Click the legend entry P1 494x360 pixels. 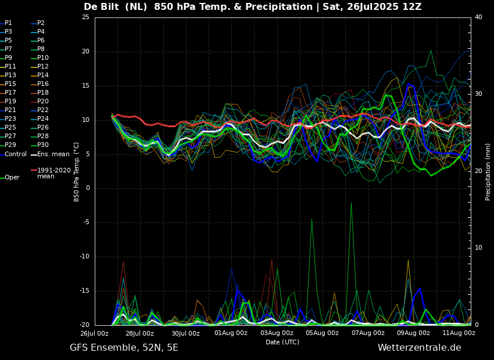pyautogui.click(x=8, y=23)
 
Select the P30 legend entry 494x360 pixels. pyautogui.click(x=43, y=145)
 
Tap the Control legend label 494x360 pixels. pyautogui.click(x=16, y=154)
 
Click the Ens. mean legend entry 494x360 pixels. pyautogui.click(x=53, y=154)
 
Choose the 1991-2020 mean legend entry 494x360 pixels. pyautogui.click(x=54, y=173)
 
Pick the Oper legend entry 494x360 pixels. pyautogui.click(x=12, y=178)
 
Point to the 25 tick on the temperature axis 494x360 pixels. pyautogui.click(x=85, y=17)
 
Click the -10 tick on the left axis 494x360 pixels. pyautogui.click(x=84, y=257)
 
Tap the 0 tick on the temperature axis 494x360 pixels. pyautogui.click(x=87, y=188)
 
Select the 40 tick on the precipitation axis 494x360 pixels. pyautogui.click(x=478, y=17)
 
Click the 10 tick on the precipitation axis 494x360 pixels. pyautogui.click(x=478, y=248)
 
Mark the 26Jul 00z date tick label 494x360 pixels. pyautogui.click(x=95, y=333)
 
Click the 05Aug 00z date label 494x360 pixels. pyautogui.click(x=322, y=333)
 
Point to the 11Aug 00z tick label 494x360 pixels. pyautogui.click(x=459, y=333)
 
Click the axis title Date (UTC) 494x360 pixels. pyautogui.click(x=282, y=342)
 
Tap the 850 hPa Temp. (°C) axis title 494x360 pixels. pyautogui.click(x=77, y=172)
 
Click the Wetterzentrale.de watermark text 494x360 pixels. pyautogui.click(x=420, y=348)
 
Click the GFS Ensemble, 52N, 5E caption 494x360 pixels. pyautogui.click(x=124, y=348)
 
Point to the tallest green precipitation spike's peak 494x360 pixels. pyautogui.click(x=351, y=203)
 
